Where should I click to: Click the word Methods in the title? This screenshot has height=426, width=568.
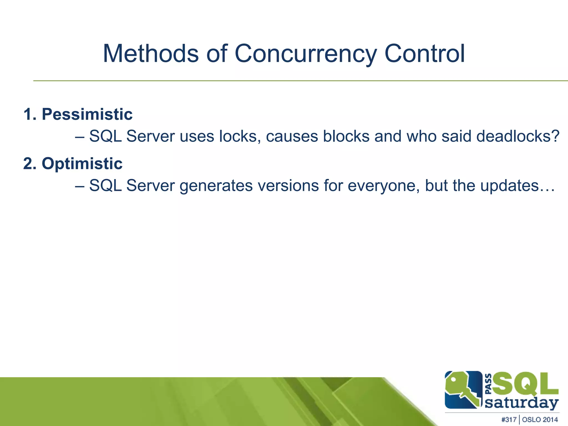click(151, 54)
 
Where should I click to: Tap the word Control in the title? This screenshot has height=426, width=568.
click(424, 54)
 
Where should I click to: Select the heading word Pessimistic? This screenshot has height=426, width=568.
click(87, 114)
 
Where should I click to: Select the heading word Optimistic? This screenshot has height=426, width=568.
click(82, 163)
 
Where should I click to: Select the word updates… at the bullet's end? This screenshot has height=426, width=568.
click(518, 186)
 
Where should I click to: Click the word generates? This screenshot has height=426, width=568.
click(216, 186)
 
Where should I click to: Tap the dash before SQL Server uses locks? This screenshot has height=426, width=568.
click(80, 137)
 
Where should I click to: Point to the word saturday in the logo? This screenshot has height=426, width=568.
click(521, 403)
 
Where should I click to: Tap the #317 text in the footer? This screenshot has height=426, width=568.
click(509, 420)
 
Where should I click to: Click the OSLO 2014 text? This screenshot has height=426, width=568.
click(540, 420)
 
